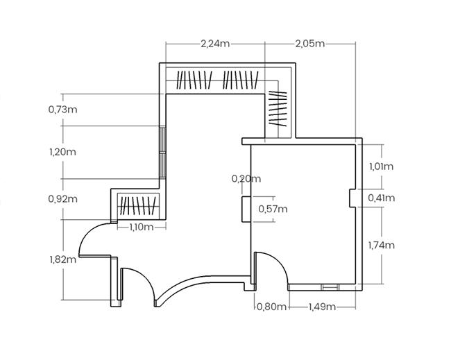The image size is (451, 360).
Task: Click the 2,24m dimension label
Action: (214, 43)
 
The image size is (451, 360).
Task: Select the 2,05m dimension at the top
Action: (309, 43)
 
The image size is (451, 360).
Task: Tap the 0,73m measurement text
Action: (62, 110)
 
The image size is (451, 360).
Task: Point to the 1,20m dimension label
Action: (62, 151)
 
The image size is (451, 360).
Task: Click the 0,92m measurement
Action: (62, 199)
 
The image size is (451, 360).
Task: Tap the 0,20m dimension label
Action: (246, 179)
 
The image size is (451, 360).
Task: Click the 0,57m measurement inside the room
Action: (273, 208)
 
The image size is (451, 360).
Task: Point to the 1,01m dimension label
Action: (381, 166)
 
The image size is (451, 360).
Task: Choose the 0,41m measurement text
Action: (381, 198)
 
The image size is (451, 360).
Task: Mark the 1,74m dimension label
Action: (381, 245)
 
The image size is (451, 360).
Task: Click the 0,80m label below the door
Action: (271, 306)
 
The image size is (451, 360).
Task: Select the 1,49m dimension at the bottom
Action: (322, 306)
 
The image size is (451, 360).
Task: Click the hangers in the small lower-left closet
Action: (135, 205)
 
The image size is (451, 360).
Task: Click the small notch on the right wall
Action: (352, 198)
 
